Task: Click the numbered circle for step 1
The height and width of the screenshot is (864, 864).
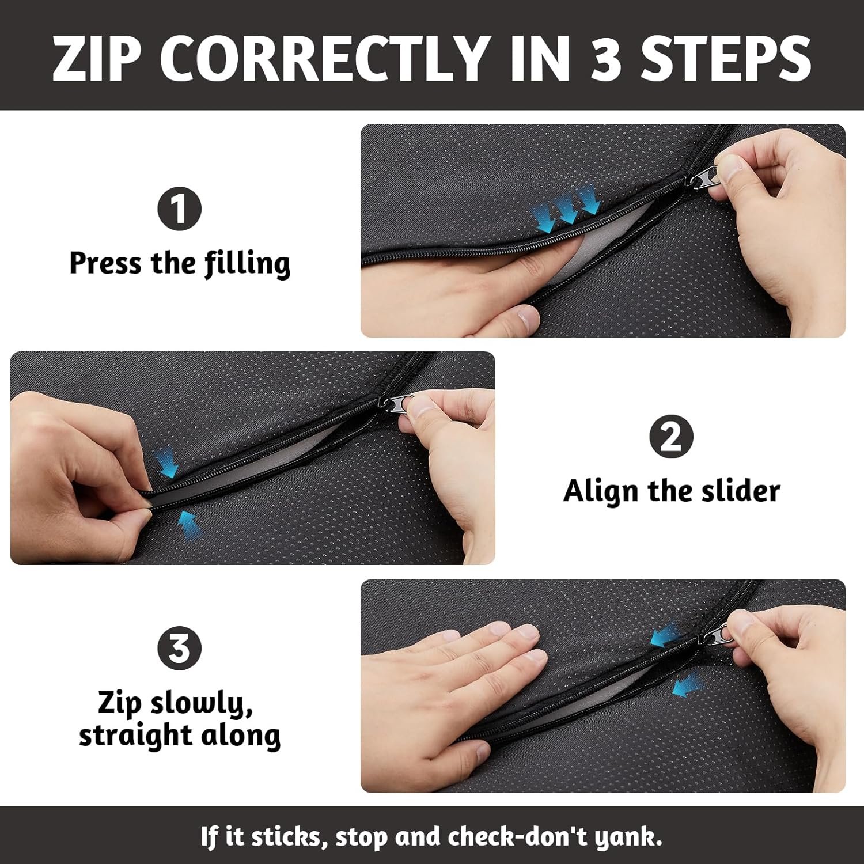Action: tap(179, 209)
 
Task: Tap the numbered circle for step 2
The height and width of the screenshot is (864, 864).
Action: tap(671, 437)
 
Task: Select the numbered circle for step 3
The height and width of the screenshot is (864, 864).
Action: tap(179, 647)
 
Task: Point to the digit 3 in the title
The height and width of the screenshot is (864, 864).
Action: tap(605, 58)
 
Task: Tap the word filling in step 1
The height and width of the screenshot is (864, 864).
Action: tap(248, 263)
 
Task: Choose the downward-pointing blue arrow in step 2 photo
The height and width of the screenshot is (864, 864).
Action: tap(167, 461)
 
